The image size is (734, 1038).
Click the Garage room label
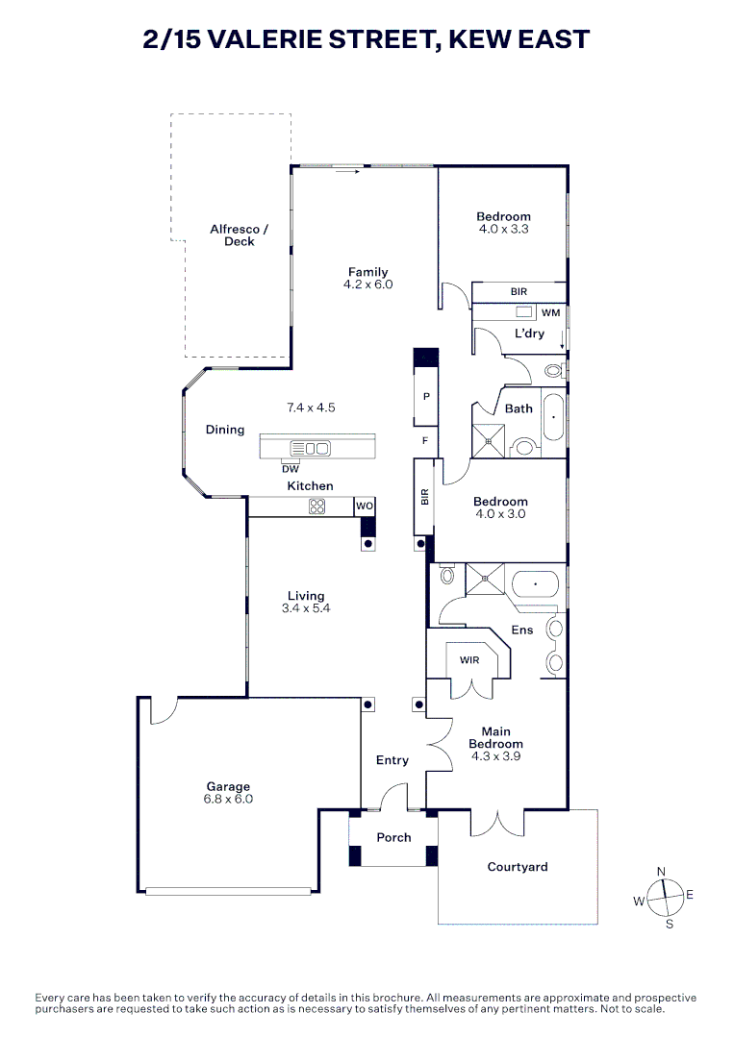click(x=226, y=786)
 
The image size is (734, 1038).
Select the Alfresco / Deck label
click(x=240, y=235)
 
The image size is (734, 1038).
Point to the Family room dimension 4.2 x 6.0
click(x=368, y=284)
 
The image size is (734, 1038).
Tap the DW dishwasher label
click(x=291, y=469)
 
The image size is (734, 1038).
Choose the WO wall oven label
click(x=365, y=506)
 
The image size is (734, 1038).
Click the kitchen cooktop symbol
click(x=317, y=507)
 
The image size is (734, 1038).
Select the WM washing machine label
click(x=550, y=312)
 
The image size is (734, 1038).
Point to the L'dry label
click(x=529, y=334)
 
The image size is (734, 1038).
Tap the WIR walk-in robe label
click(x=469, y=660)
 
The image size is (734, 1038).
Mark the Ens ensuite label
click(x=522, y=630)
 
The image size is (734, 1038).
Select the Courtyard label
click(x=518, y=867)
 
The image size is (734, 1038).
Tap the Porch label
click(x=393, y=838)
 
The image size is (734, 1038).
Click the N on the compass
click(x=661, y=871)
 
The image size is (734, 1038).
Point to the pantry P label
click(x=425, y=396)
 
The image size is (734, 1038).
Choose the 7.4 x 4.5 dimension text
click(x=311, y=408)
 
